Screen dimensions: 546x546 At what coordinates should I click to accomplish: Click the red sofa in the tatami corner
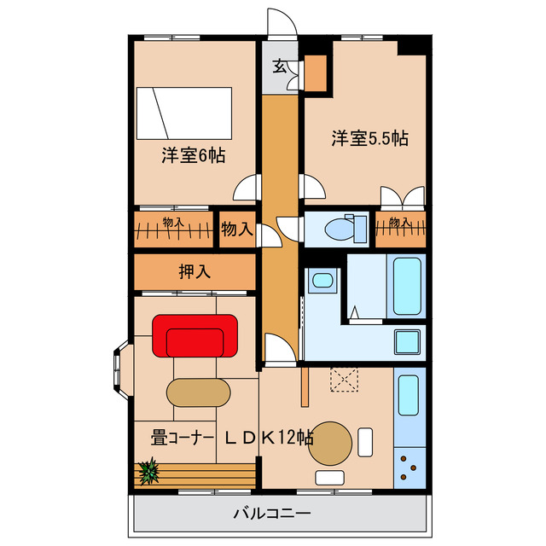(195, 335)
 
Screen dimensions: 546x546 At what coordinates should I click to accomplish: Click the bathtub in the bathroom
(407, 286)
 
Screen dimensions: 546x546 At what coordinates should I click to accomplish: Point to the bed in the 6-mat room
(185, 113)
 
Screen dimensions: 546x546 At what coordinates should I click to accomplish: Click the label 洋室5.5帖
(369, 137)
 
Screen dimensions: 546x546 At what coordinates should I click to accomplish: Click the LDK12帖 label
(269, 438)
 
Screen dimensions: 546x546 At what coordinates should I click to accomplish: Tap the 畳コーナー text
(181, 438)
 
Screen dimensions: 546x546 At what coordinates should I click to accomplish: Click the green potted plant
(149, 470)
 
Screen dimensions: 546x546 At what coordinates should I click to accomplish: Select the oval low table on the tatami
(198, 393)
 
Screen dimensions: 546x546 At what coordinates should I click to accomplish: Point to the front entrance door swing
(282, 24)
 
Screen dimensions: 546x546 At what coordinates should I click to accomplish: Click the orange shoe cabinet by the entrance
(315, 73)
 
